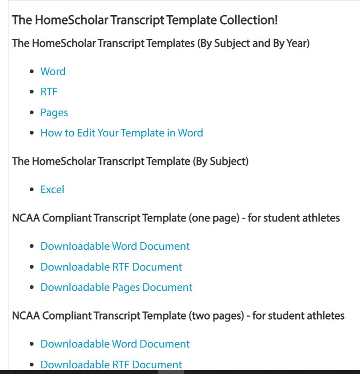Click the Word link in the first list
click(x=53, y=72)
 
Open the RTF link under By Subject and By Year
click(x=49, y=92)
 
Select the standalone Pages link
click(x=54, y=113)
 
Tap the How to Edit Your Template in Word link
click(x=121, y=133)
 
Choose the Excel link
click(x=52, y=190)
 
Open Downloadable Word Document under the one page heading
click(x=115, y=246)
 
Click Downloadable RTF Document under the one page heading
click(x=111, y=267)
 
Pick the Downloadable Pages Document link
click(x=116, y=288)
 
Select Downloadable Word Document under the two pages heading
click(x=115, y=344)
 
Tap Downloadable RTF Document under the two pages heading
click(x=111, y=365)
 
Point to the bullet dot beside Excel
click(x=32, y=190)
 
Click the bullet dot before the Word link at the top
click(x=32, y=72)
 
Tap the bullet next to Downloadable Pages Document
click(x=32, y=288)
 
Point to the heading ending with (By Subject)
click(x=130, y=161)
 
